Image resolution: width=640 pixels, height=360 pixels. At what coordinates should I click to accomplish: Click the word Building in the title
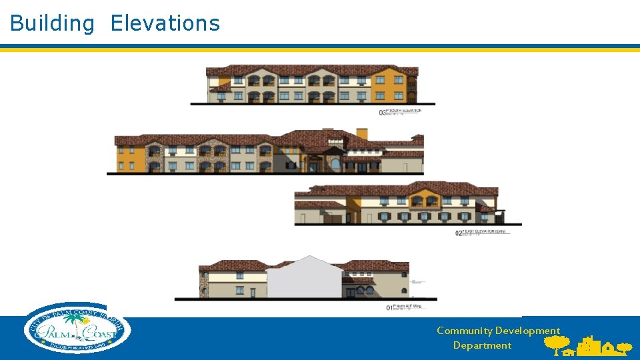[x=52, y=23]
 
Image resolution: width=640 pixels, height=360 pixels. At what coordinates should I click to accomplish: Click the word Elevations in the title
[x=165, y=23]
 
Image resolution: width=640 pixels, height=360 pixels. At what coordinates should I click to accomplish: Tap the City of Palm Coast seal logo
[x=77, y=328]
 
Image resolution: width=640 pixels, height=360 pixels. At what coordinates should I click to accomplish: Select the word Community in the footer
[x=464, y=331]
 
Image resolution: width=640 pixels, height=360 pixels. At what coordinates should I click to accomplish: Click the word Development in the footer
[x=527, y=331]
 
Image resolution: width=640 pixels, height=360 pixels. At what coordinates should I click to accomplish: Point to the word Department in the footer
[x=482, y=345]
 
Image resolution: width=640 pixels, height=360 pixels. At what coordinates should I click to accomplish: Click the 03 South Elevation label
[x=400, y=112]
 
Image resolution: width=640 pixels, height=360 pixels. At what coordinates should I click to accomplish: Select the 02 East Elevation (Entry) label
[x=481, y=233]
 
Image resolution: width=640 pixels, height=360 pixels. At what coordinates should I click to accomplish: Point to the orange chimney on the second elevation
[x=362, y=134]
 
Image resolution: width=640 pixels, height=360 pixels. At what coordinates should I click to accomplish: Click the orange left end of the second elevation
[x=129, y=159]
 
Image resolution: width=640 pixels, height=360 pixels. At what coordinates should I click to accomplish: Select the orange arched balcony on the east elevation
[x=425, y=199]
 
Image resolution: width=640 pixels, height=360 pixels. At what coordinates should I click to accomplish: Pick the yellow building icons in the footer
[x=591, y=346]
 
